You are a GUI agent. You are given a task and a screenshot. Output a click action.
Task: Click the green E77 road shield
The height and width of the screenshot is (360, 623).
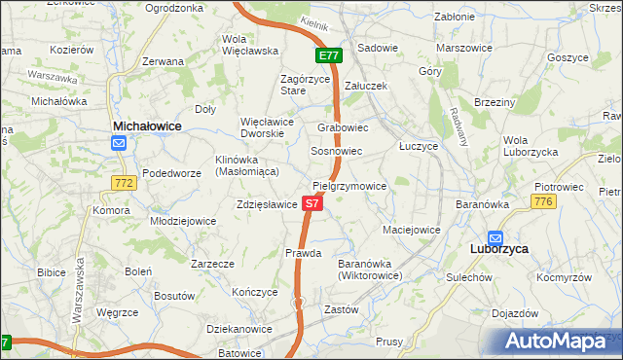pos(328,55)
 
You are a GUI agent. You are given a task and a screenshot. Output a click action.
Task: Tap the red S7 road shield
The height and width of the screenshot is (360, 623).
pos(311,203)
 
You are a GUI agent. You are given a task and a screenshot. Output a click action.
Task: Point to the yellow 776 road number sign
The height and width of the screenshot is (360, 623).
pos(543,200)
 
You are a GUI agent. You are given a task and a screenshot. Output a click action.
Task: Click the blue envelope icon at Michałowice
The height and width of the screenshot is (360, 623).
pos(119,144)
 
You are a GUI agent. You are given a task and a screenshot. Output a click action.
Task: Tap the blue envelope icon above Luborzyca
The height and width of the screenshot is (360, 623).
pos(495,236)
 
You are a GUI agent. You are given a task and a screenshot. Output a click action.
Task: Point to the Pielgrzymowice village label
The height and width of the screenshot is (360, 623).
pos(349,185)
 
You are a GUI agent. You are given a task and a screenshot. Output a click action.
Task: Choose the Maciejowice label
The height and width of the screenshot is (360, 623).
pos(411,231)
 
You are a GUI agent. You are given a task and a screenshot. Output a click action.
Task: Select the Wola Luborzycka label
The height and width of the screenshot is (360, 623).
pos(531,146)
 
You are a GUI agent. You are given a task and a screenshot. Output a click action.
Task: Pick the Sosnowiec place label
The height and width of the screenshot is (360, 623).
pos(336,152)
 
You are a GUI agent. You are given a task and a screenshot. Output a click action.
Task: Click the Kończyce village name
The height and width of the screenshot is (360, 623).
pos(256,292)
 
